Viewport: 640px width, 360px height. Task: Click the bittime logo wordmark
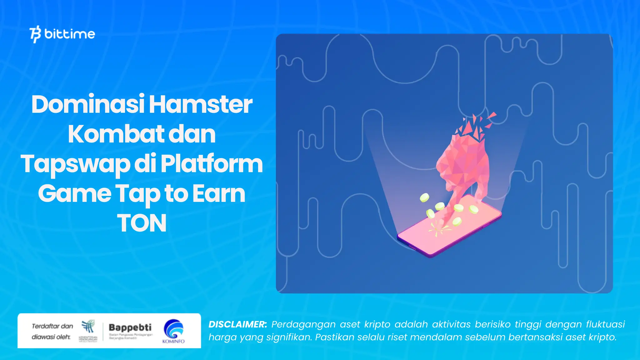[69, 34]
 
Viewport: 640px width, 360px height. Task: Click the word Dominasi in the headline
[87, 104]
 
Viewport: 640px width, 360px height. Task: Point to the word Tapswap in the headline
[75, 164]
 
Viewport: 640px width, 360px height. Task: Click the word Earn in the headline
[219, 194]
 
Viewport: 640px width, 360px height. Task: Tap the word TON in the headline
[142, 223]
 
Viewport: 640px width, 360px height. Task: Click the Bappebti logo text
[130, 327]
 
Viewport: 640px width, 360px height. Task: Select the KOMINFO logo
[173, 331]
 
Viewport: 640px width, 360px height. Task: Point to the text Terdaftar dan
[52, 326]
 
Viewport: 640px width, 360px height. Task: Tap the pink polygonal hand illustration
[462, 162]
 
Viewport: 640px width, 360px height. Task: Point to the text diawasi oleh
[51, 337]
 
